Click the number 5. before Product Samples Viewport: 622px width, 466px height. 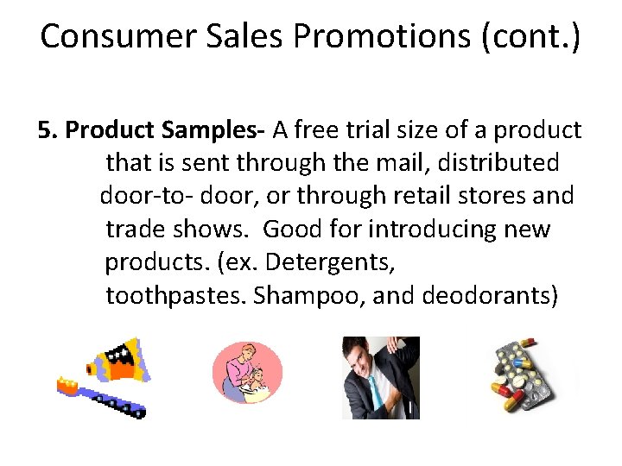(x=48, y=129)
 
